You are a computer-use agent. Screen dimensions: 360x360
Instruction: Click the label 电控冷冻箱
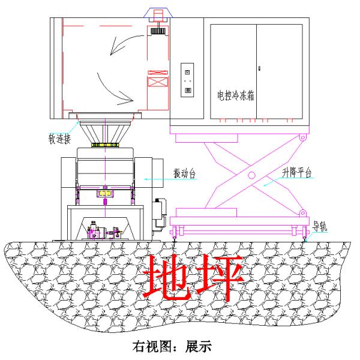[236, 95]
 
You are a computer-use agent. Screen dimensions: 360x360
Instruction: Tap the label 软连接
[59, 139]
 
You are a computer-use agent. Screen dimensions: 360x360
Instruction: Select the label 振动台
[184, 173]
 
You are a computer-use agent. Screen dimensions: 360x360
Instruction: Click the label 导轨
[320, 227]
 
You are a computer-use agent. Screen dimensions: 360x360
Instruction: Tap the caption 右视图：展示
[172, 346]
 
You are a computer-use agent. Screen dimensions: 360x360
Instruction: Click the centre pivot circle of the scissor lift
[251, 175]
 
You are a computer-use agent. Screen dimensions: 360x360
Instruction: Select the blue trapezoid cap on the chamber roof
[158, 13]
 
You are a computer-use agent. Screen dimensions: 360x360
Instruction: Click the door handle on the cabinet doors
[259, 68]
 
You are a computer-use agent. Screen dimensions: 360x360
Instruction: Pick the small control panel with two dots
[187, 80]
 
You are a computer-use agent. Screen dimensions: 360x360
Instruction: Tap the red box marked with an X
[158, 82]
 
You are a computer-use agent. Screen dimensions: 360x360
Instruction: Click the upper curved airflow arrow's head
[114, 49]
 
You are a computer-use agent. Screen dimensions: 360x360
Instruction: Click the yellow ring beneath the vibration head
[105, 145]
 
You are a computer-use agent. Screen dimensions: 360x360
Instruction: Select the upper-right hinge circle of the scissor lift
[303, 138]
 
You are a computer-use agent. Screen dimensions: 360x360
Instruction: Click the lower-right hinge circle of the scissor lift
[303, 213]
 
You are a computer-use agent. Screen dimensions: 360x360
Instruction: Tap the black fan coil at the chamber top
[158, 31]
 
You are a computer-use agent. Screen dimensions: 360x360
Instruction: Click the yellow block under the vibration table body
[105, 194]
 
